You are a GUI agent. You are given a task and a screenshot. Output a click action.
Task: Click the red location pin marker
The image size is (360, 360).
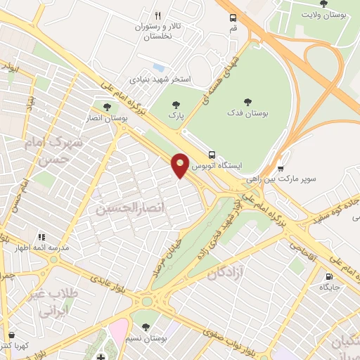181,165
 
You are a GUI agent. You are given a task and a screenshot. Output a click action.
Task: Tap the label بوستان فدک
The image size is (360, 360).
248,112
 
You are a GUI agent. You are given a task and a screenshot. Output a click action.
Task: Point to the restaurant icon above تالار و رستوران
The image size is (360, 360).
157,15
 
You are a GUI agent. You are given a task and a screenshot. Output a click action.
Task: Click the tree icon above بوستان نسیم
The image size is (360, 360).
146,327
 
